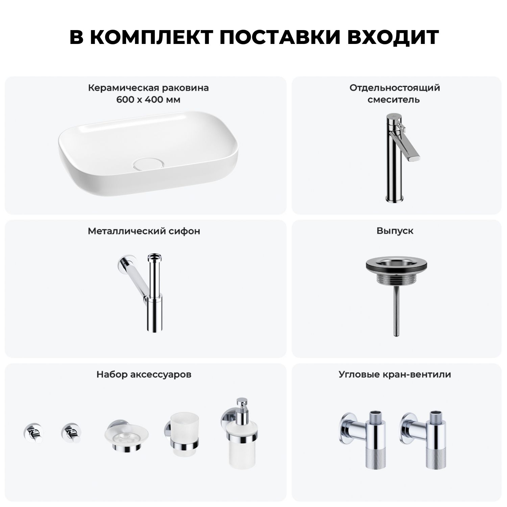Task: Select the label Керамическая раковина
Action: (148, 88)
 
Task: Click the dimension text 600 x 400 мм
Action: (148, 100)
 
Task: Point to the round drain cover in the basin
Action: (149, 164)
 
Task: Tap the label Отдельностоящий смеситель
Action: (394, 94)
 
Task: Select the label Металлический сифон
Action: (144, 231)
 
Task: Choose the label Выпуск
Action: (395, 231)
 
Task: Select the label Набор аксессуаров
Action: (144, 375)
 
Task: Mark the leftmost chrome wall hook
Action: (33, 433)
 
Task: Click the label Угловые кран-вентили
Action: (395, 375)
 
